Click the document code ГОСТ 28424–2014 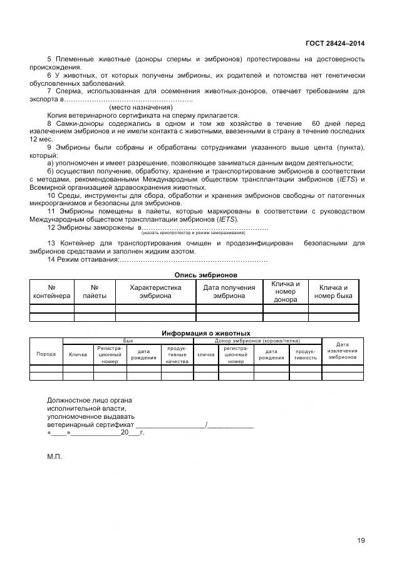[334, 43]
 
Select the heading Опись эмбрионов [205, 274]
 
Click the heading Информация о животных [205, 333]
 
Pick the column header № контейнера [51, 292]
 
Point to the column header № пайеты [95, 292]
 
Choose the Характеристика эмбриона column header [155, 292]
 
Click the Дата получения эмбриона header [229, 292]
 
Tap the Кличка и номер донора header [285, 292]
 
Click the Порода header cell [46, 354]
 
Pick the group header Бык [128, 340]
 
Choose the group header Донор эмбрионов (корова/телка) [256, 340]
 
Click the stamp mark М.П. [54, 457]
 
